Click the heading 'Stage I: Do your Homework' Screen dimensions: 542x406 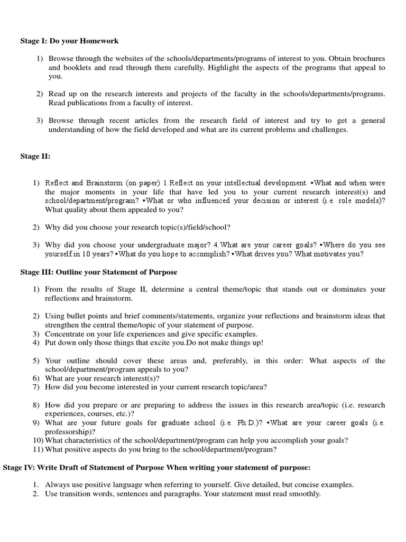[69, 41]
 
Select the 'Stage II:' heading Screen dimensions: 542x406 [35, 156]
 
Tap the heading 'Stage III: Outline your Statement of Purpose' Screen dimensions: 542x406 [99, 272]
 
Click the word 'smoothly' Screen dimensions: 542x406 [304, 494]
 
